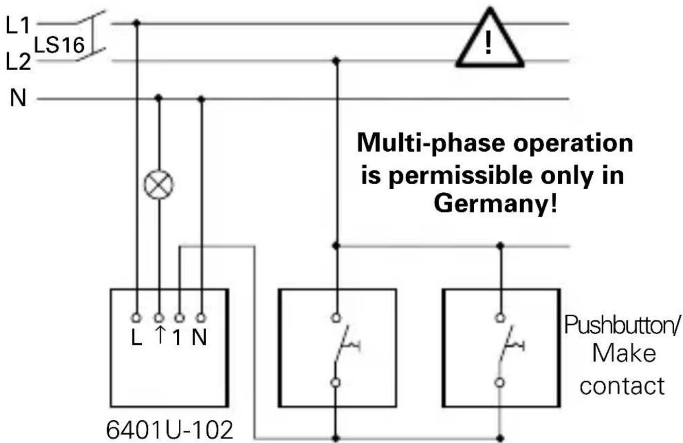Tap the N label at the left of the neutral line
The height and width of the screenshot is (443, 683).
(x=18, y=98)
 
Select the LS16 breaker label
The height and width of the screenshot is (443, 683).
(x=59, y=46)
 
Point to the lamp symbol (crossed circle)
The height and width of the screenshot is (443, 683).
(x=159, y=185)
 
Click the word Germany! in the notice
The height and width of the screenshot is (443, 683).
(x=495, y=204)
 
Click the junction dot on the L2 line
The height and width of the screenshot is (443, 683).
(x=336, y=61)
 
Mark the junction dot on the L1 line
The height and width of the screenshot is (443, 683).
(x=137, y=23)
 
